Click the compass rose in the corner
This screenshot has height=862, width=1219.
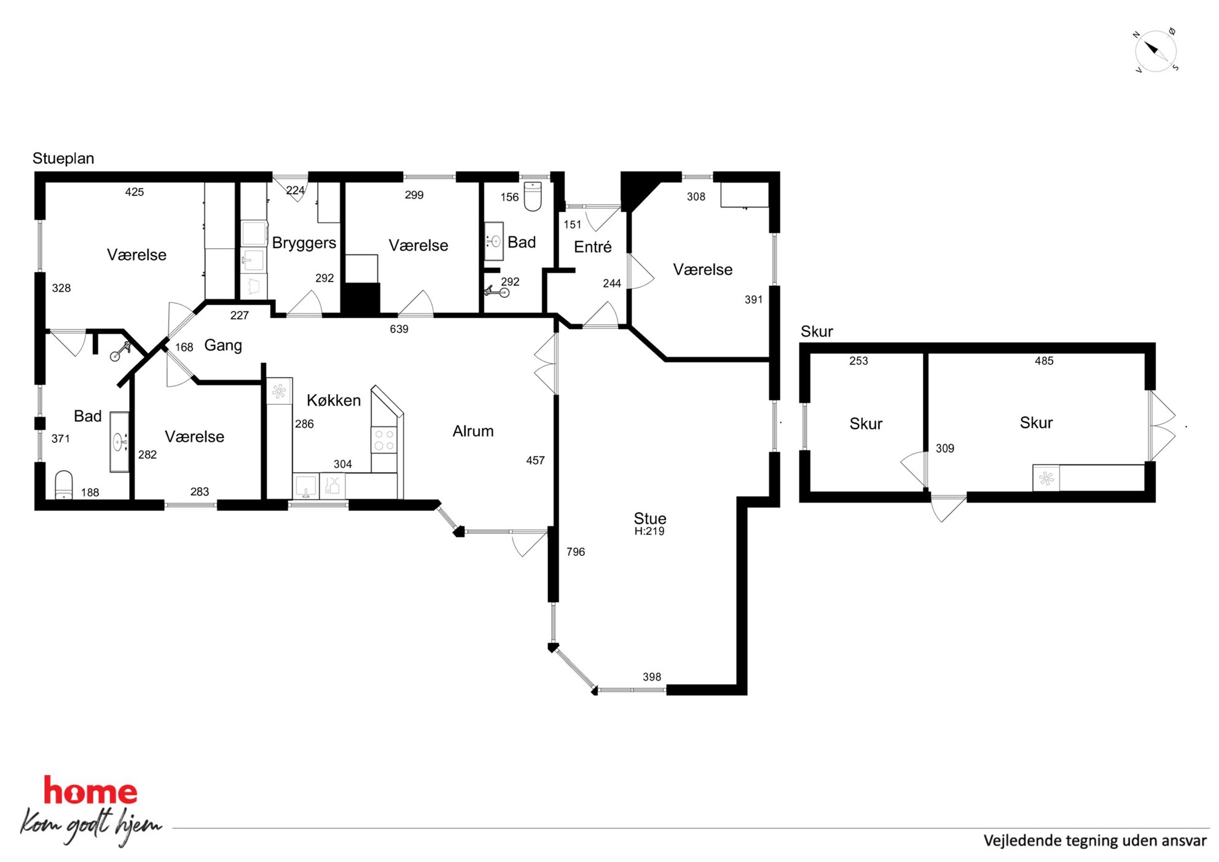[1156, 51]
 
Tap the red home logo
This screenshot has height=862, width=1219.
[90, 791]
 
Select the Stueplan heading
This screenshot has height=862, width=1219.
[63, 159]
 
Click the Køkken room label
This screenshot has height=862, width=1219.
[334, 401]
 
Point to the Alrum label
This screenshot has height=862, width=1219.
[473, 431]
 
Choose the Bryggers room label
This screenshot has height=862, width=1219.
[304, 243]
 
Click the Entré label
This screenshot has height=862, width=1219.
[593, 247]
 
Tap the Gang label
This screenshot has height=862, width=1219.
[223, 346]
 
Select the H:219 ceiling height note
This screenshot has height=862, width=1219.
[649, 531]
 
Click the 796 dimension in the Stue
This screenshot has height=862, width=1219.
[576, 552]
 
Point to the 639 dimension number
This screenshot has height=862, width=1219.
[399, 329]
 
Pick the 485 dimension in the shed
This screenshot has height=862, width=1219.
[1044, 361]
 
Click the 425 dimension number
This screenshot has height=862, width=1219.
[135, 192]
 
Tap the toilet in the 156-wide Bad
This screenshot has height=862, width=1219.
[533, 196]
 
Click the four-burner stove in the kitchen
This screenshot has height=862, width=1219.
[384, 440]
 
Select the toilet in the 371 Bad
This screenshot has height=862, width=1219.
[64, 485]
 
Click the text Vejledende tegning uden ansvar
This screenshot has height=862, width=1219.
[1095, 840]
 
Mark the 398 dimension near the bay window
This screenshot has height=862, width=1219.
[652, 677]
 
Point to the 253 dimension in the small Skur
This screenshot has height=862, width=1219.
[859, 361]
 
